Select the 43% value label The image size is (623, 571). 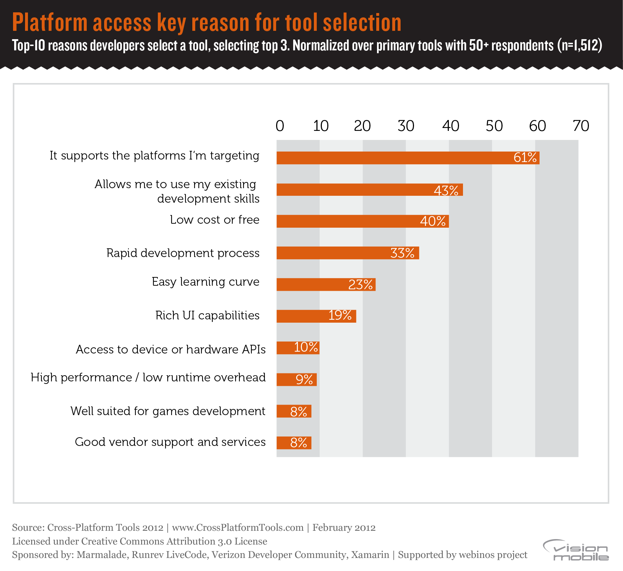[x=446, y=190]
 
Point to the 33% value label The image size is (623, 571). [x=402, y=253]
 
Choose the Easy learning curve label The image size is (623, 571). [x=205, y=282]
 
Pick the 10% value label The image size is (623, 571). [x=306, y=347]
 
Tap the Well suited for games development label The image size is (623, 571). [x=168, y=411]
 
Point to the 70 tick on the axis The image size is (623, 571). [x=581, y=126]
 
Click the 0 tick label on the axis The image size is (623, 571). [x=280, y=126]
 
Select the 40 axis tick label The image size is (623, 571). [x=450, y=126]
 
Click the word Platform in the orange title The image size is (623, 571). [x=50, y=22]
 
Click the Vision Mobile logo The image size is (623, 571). [x=575, y=550]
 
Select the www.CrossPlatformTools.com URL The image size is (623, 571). [x=238, y=527]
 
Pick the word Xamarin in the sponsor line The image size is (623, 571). [x=370, y=555]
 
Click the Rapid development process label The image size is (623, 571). [x=183, y=253]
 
